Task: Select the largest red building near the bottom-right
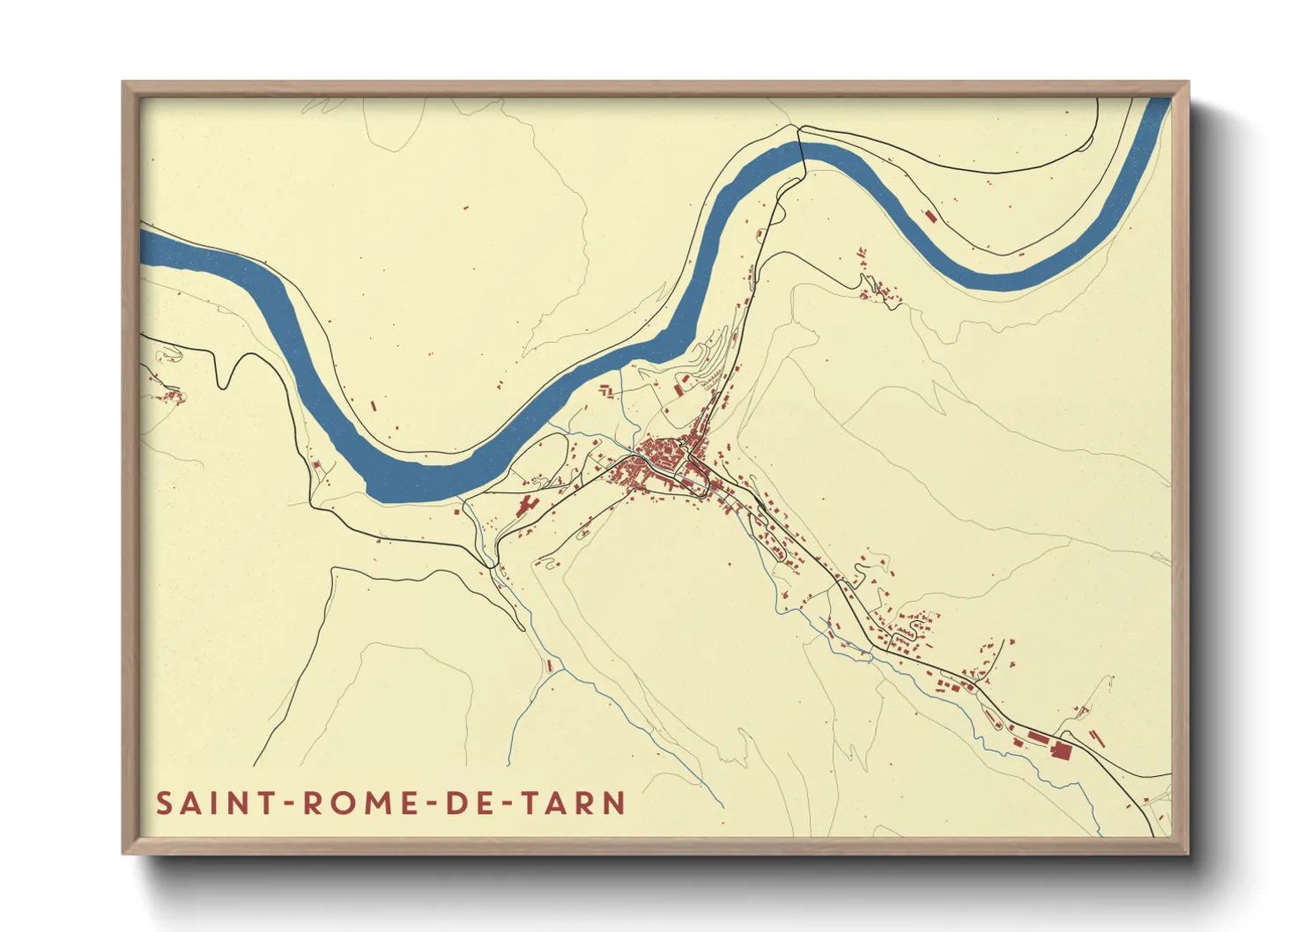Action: click(1061, 750)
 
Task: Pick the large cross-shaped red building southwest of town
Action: click(527, 505)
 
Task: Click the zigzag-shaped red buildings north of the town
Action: click(607, 389)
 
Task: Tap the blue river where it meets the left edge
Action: click(146, 247)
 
